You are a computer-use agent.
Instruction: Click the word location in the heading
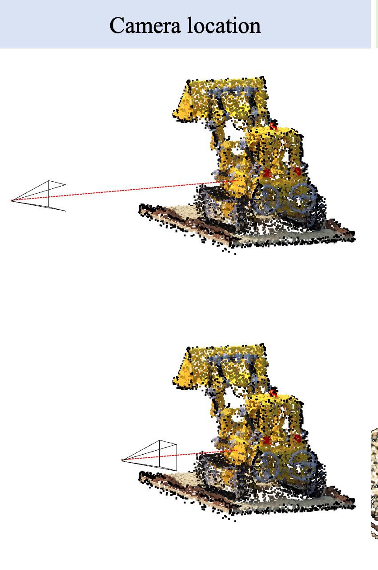pyautogui.click(x=224, y=25)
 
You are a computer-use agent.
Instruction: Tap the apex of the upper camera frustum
pyautogui.click(x=11, y=200)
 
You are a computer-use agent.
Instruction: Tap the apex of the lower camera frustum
pyautogui.click(x=122, y=460)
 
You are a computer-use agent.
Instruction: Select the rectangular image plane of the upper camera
pyautogui.click(x=57, y=195)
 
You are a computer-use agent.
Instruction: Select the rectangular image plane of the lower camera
pyautogui.click(x=168, y=456)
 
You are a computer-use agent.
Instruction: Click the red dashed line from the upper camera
pyautogui.click(x=125, y=190)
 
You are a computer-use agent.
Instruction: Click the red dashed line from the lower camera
pyautogui.click(x=180, y=455)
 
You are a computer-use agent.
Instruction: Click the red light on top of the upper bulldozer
pyautogui.click(x=273, y=126)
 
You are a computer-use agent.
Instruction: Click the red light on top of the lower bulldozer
pyautogui.click(x=273, y=393)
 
